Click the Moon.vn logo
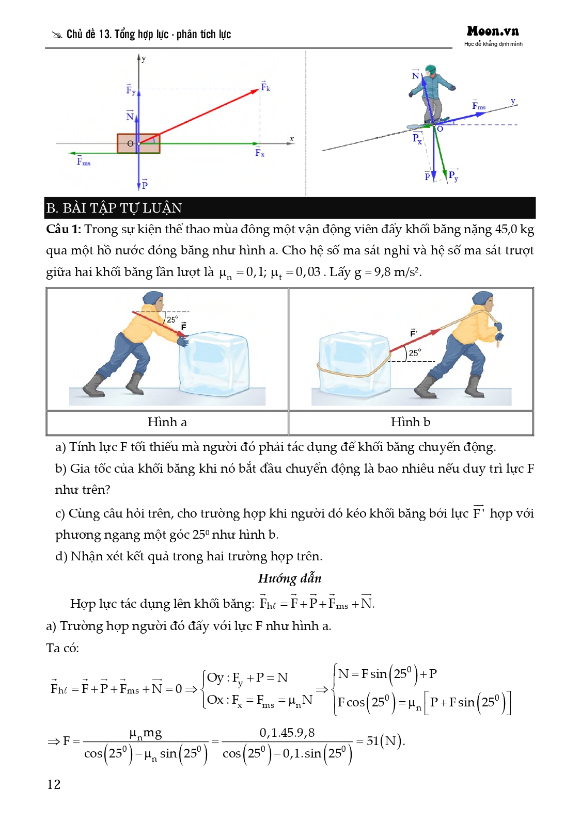click(493, 31)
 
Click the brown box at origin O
click(138, 143)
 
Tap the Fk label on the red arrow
click(265, 87)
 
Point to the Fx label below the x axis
click(259, 152)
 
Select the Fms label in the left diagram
click(83, 162)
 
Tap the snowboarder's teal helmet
click(430, 69)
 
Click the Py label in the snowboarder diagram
click(453, 175)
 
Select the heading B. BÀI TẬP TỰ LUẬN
click(114, 208)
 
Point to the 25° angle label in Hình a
click(172, 319)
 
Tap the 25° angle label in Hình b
click(415, 353)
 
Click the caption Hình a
click(167, 422)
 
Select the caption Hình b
click(411, 422)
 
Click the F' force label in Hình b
click(413, 333)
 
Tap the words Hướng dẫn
click(290, 578)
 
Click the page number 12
click(54, 784)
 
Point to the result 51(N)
click(385, 741)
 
